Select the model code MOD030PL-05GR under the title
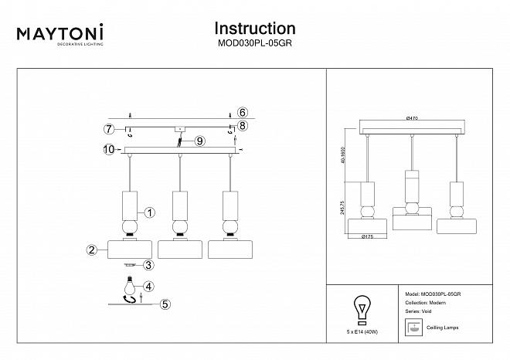click(x=254, y=44)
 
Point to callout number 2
click(x=91, y=250)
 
